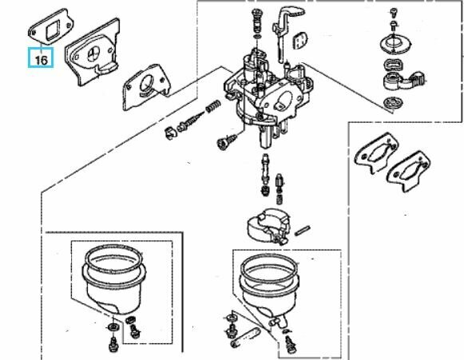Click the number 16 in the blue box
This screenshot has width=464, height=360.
coord(42,60)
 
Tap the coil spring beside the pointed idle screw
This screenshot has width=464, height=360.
coord(213,106)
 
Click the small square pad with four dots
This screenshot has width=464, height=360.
coord(299,40)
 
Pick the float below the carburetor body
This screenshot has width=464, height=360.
coord(268,226)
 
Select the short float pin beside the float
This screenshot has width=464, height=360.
coord(302,231)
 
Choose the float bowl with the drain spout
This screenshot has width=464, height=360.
coord(268,291)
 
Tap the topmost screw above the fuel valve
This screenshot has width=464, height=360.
coord(393,13)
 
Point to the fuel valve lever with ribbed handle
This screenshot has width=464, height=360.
coord(403,81)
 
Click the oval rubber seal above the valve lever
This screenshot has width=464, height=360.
coord(392,65)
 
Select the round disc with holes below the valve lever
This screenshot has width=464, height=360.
coord(393,103)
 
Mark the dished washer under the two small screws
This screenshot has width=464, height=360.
coord(395,45)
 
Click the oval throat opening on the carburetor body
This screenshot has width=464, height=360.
coord(284,101)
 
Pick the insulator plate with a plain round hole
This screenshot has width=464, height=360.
coord(146,87)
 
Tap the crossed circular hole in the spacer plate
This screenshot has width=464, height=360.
coord(94,53)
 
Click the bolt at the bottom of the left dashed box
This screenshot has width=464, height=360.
coord(113,345)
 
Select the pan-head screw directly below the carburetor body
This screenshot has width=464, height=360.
coord(227,141)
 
